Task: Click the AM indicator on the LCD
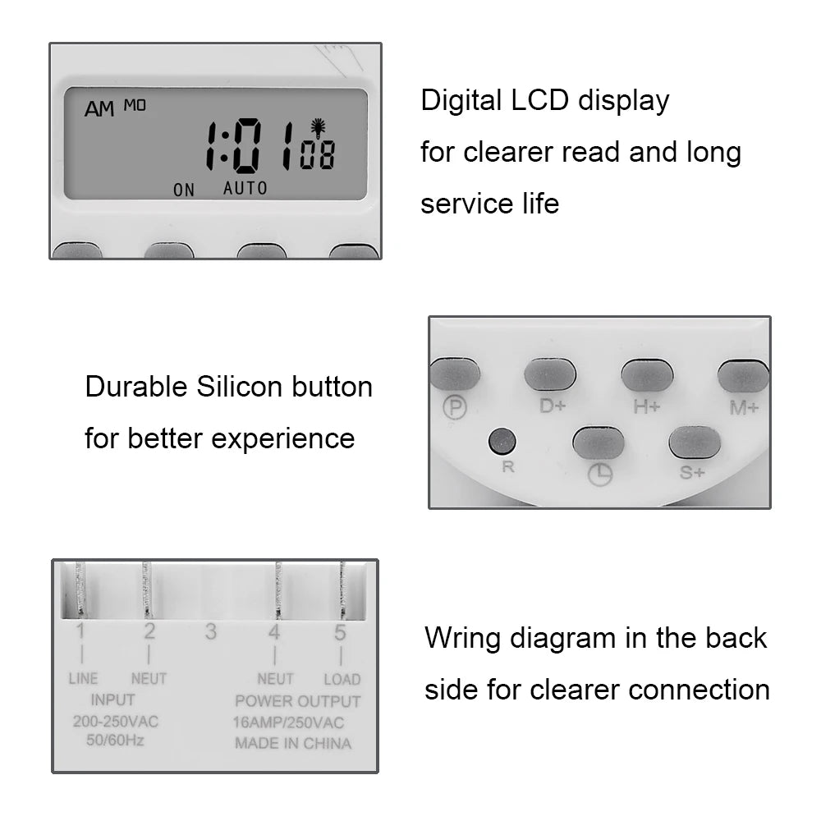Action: [x=99, y=108]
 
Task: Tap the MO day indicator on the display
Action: [x=135, y=104]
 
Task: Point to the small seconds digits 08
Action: [x=317, y=155]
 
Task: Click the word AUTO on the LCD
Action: [x=245, y=188]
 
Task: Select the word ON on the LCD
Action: [x=184, y=190]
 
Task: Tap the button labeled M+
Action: [x=743, y=376]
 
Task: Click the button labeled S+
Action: [x=695, y=443]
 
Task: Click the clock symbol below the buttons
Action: [x=600, y=474]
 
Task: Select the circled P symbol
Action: [x=454, y=406]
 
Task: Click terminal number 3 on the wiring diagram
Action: [x=211, y=631]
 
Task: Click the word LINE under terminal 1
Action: [x=83, y=679]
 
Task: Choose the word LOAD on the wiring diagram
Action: [x=342, y=679]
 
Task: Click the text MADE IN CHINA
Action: [x=293, y=743]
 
